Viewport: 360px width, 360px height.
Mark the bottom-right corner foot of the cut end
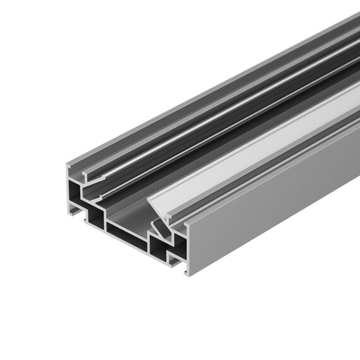click(186, 272)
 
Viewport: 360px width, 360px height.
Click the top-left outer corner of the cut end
click(67, 165)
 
